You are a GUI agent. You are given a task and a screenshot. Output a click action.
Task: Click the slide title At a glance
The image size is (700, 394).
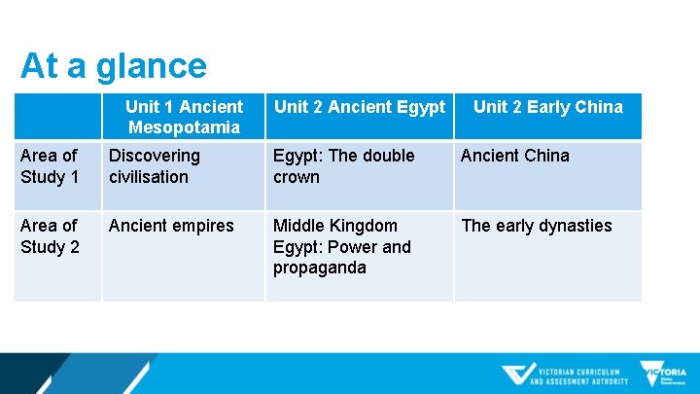[114, 66]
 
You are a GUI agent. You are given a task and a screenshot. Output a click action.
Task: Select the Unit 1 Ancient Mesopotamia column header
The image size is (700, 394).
[184, 117]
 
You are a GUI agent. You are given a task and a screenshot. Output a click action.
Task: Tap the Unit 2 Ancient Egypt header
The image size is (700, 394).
[360, 107]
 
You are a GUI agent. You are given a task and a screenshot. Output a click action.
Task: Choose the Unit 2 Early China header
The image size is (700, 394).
[548, 107]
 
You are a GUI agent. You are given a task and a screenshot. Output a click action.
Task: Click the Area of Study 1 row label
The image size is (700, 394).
[50, 166]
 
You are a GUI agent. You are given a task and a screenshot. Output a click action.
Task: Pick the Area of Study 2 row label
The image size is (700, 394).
[50, 236]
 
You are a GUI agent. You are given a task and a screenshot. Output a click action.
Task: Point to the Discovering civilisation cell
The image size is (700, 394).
[155, 166]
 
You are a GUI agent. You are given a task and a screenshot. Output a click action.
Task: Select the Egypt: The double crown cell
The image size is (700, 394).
[343, 166]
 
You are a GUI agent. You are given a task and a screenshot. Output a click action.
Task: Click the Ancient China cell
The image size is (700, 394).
[515, 156]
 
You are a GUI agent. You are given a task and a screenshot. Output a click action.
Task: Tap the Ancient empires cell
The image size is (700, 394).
[171, 226]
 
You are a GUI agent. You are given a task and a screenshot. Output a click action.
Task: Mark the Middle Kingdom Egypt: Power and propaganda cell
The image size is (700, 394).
[342, 247]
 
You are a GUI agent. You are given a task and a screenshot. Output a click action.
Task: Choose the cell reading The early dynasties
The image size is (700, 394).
[537, 226]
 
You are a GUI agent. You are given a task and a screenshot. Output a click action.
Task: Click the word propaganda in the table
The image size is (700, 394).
[320, 268]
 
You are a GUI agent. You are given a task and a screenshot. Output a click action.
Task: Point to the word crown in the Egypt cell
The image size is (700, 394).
[297, 177]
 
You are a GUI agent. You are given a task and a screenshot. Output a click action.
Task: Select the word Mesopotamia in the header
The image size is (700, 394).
[184, 127]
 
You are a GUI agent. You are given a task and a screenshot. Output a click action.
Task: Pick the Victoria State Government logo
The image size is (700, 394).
[663, 375]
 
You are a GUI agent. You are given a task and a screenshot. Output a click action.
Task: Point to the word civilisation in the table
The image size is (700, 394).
[149, 177]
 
